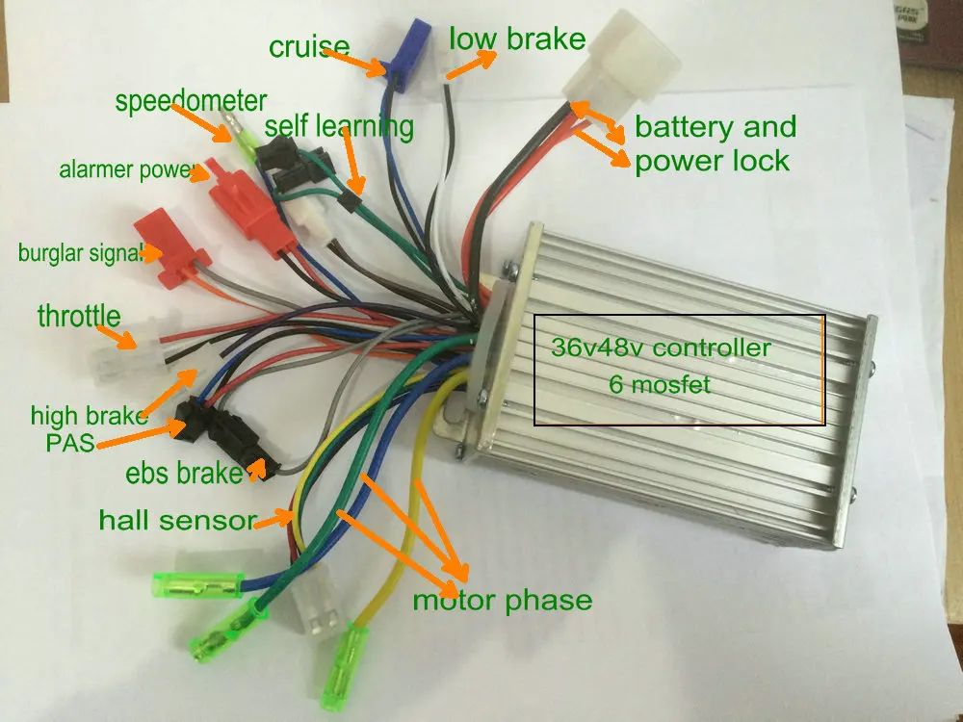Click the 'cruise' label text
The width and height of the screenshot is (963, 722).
point(308,46)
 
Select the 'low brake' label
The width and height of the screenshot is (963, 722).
point(517,39)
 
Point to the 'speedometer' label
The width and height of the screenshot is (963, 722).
point(191,101)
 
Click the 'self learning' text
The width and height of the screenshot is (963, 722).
point(339,126)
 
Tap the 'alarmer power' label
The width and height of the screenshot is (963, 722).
point(127,170)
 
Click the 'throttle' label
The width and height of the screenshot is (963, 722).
point(79,315)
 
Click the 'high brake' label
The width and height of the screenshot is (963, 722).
point(89,416)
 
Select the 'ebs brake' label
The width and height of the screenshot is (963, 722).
point(183,473)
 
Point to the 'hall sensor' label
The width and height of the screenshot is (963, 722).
point(176,521)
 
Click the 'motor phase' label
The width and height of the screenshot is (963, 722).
point(502,601)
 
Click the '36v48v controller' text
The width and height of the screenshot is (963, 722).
point(661,348)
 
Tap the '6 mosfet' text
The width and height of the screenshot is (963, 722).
point(661,384)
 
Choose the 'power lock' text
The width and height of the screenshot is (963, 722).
point(712,159)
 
